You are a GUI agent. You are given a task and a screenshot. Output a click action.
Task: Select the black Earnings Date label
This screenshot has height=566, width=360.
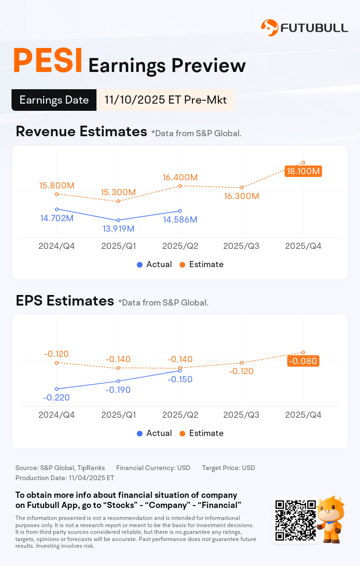54,100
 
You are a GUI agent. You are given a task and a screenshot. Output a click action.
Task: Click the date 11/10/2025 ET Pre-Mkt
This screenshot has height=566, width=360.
166,100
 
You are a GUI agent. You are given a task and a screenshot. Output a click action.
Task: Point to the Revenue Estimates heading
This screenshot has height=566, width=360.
81,131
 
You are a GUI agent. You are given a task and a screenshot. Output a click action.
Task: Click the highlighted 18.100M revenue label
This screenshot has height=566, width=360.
303,171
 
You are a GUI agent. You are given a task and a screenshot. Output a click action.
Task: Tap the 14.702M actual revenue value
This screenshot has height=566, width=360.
57,218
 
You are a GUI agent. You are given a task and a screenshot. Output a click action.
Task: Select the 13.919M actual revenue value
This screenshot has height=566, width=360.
118,228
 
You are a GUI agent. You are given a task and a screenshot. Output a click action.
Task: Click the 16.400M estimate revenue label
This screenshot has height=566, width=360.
180,177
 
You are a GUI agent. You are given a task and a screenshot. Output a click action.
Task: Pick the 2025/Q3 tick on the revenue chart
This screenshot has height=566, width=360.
241,246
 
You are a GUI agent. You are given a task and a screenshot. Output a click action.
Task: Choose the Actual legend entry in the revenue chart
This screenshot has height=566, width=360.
154,264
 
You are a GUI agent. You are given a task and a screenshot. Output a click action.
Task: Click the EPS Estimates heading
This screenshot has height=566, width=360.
65,301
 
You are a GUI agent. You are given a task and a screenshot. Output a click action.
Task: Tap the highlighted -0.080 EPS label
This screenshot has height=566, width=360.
303,361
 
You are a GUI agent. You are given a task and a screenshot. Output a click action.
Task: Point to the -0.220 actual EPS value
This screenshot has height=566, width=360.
57,397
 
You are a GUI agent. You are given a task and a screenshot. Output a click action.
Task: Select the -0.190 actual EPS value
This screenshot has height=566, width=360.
118,389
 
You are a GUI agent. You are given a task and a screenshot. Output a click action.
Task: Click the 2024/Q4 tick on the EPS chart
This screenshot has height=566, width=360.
57,415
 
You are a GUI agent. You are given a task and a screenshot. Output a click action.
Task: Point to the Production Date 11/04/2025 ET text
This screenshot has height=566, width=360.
65,478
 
